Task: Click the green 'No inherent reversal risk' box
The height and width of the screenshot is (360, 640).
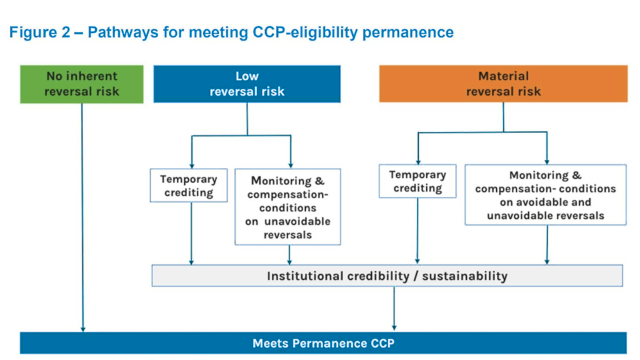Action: point(81,84)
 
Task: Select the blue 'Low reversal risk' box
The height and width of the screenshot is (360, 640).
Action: point(247,84)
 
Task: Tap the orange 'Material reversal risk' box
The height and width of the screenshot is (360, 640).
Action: point(503,84)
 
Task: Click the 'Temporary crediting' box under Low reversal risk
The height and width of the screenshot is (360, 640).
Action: point(188,186)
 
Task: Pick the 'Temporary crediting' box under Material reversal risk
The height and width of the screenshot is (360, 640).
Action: point(417,181)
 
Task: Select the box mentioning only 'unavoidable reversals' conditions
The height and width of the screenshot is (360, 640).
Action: point(287,207)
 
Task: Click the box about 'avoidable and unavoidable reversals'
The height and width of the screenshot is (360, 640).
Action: point(546,195)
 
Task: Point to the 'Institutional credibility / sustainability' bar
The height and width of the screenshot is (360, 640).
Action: point(387,276)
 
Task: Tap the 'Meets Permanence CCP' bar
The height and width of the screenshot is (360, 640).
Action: point(323,343)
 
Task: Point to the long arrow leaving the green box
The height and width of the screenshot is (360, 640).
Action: point(82,219)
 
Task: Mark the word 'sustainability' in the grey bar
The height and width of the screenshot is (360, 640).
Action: point(464,276)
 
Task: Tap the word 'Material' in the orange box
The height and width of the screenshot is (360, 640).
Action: point(503,76)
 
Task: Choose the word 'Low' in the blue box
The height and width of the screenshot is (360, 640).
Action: point(247,76)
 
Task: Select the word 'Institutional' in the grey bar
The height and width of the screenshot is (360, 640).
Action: point(306,276)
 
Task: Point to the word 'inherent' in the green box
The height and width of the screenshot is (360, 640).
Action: point(92,76)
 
